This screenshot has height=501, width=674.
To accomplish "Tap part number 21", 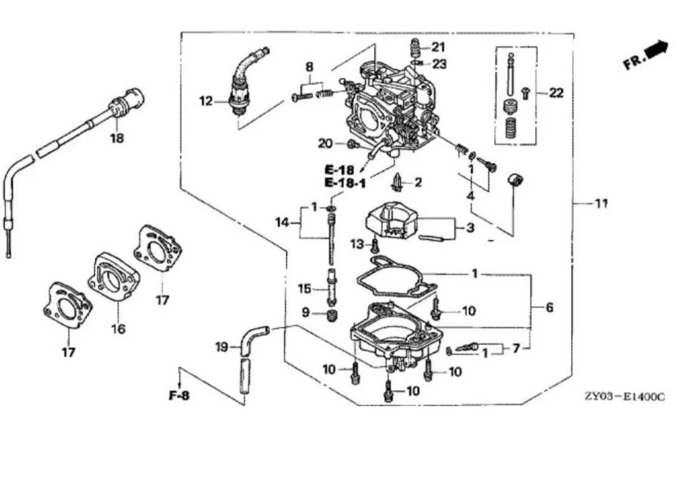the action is (438, 47).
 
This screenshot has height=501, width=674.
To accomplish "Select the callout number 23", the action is (439, 64).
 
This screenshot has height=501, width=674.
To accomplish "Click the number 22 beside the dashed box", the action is (557, 93).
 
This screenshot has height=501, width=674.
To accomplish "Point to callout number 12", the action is (206, 101).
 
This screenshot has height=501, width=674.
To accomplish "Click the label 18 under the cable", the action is (117, 139).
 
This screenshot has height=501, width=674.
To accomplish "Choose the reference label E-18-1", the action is (345, 183).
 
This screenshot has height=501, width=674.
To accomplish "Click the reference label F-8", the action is (179, 395).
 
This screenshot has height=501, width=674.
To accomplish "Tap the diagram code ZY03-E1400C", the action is (625, 397).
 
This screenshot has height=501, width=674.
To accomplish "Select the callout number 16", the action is (118, 329).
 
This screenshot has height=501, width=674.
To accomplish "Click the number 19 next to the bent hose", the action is (221, 347).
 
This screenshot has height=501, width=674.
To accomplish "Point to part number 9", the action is (306, 312).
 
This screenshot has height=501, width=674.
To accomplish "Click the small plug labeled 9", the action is (333, 316).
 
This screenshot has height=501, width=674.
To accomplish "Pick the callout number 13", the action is (357, 244).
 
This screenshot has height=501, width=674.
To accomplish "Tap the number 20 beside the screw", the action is (325, 143).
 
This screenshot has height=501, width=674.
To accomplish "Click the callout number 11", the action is (601, 204).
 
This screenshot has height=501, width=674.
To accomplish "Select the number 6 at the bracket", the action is (549, 308).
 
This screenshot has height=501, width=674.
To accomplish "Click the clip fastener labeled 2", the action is (397, 183).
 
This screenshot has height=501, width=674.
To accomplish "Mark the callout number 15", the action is (304, 289).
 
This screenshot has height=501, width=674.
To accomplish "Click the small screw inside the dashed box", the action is (525, 93).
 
